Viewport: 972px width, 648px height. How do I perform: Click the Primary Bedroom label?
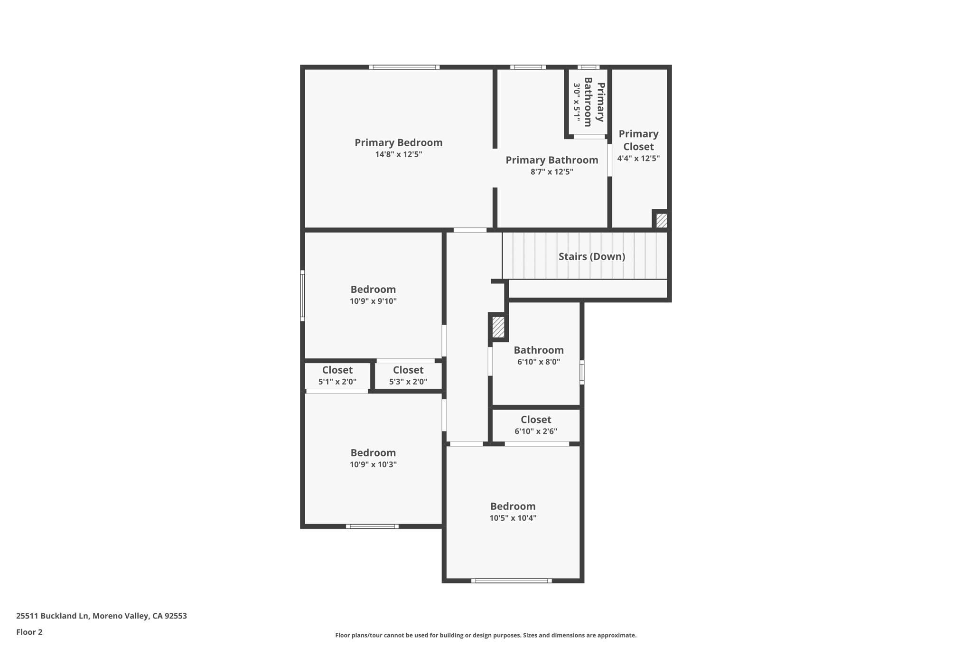click(398, 142)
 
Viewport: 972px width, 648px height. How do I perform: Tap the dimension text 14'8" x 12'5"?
click(398, 154)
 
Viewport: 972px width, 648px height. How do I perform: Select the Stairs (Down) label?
click(591, 256)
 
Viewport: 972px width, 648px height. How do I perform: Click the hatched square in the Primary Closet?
click(661, 220)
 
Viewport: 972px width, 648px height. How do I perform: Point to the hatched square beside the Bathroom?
click(498, 327)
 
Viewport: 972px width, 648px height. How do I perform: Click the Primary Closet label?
click(638, 140)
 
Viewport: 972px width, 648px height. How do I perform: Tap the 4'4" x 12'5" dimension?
click(638, 159)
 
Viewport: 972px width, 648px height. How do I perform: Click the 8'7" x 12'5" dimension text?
click(551, 172)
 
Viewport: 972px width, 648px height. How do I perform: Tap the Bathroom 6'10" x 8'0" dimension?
click(538, 362)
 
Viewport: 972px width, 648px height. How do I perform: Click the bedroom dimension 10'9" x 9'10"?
click(373, 301)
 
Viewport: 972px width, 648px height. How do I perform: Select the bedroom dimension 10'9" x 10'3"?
click(373, 465)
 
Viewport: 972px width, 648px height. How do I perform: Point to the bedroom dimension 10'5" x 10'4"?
click(513, 518)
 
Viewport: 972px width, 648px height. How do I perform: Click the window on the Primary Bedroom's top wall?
click(404, 67)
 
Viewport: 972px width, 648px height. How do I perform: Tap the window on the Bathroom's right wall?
click(582, 372)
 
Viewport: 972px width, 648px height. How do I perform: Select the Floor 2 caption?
click(29, 632)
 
